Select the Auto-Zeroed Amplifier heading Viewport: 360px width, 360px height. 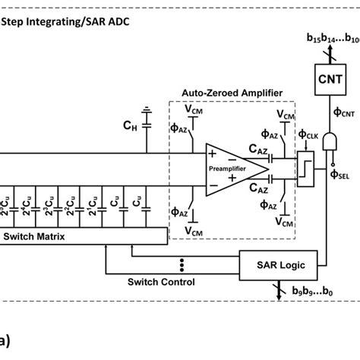[x=232, y=93]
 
